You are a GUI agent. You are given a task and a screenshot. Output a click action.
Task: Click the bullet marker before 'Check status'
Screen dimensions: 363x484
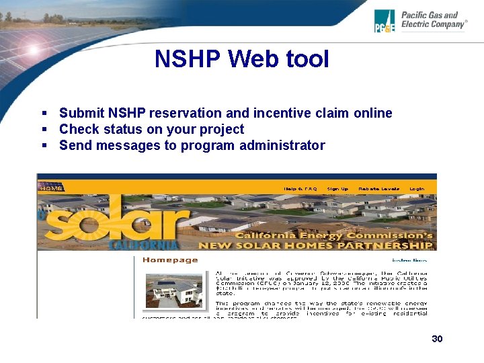(x=44, y=129)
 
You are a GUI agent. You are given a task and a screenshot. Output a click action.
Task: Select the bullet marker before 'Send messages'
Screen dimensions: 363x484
(x=44, y=145)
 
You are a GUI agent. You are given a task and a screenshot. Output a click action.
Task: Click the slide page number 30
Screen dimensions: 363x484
(x=437, y=339)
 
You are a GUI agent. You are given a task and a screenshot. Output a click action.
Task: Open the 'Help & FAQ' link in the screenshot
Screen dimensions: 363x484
(x=300, y=189)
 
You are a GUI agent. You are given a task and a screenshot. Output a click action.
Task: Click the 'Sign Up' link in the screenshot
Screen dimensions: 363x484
(x=337, y=189)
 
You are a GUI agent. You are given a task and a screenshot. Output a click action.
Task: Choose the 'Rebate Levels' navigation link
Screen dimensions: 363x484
(x=379, y=189)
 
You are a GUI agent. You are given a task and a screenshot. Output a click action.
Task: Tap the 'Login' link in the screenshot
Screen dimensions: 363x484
(x=417, y=189)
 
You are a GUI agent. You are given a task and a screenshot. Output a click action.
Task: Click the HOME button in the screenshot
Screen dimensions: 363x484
(x=50, y=188)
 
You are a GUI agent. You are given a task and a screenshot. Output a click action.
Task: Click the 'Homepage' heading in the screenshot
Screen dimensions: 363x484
(x=171, y=260)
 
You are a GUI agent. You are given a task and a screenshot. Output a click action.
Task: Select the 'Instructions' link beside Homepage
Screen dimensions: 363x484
(x=409, y=260)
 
